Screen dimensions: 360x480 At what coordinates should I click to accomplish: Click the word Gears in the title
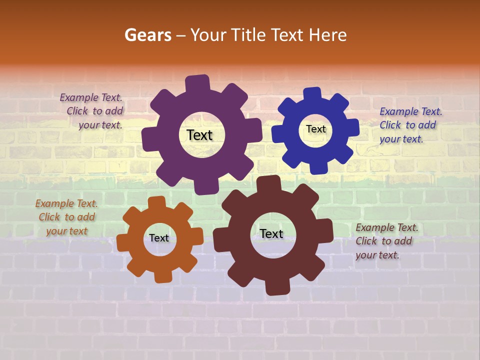point(147,35)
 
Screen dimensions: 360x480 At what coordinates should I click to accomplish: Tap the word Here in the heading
point(328,35)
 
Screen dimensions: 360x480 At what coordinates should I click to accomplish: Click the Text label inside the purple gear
point(199,135)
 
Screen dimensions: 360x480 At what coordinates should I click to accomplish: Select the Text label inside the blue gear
point(315,129)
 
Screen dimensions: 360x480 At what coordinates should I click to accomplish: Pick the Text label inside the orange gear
point(159,238)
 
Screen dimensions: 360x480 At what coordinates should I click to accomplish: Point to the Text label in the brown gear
point(271,233)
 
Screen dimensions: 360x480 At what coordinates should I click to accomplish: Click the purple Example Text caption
point(91,111)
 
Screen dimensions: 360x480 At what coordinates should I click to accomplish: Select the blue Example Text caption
point(410,125)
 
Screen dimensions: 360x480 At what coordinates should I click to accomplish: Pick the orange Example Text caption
point(66,217)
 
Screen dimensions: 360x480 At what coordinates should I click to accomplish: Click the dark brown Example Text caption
point(386,241)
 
